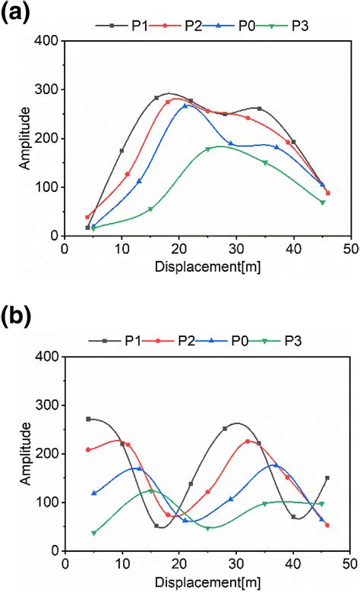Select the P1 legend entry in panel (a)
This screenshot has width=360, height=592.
[122, 25]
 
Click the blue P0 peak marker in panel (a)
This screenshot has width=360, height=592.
[185, 105]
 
